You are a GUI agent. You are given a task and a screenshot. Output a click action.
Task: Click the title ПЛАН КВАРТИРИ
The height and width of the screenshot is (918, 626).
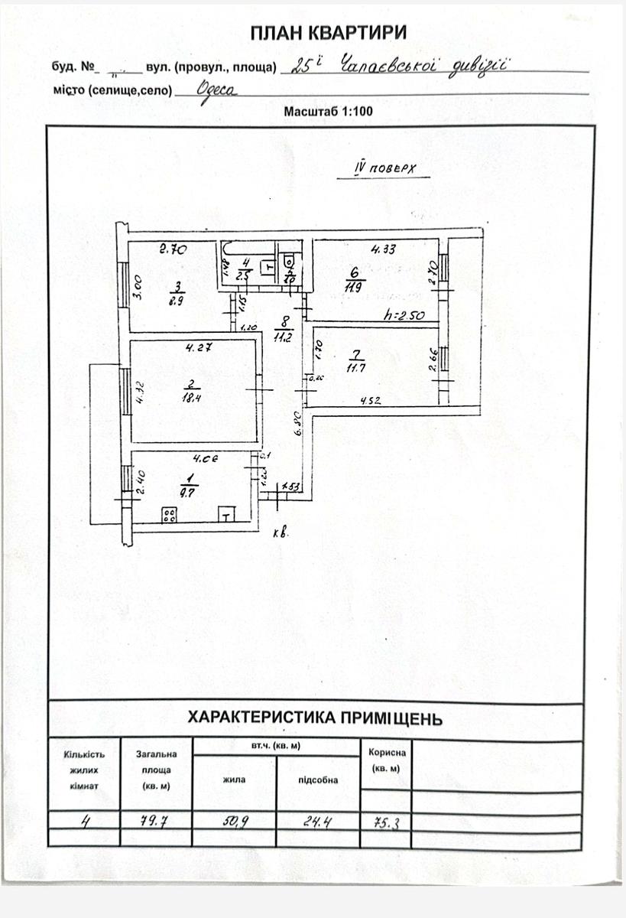coord(329,32)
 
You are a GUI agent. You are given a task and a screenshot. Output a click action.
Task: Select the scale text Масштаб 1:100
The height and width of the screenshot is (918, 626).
coord(328,112)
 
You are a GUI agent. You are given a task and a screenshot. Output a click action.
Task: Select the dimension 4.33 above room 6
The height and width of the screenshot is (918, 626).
coord(383,249)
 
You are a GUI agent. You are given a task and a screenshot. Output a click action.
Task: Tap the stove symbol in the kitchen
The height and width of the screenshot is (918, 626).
coord(170,515)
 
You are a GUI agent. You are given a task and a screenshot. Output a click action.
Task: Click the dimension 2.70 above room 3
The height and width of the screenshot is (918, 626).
coord(174,249)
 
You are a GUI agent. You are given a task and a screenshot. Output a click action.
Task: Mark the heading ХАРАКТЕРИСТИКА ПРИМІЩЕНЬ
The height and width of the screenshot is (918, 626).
coord(315,718)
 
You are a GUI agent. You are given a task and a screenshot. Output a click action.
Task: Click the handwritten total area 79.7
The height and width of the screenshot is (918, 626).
coord(155,822)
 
